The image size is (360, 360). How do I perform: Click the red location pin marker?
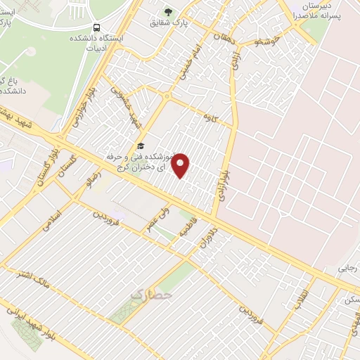[x=181, y=165]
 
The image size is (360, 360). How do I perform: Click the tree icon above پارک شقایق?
[x=168, y=11]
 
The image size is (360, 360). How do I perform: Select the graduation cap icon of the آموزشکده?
[x=141, y=146]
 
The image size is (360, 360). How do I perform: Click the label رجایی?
[x=348, y=268]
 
